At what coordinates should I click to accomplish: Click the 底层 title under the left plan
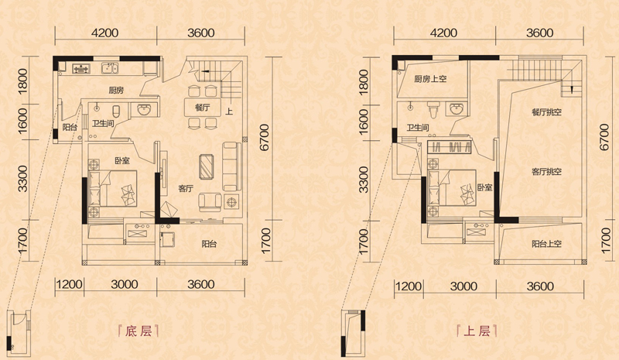pyautogui.click(x=139, y=331)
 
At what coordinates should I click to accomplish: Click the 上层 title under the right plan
pyautogui.click(x=477, y=331)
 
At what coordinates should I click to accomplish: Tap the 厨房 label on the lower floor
pyautogui.click(x=116, y=91)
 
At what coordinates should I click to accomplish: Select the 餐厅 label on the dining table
pyautogui.click(x=202, y=108)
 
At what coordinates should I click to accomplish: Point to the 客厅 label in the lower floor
pyautogui.click(x=185, y=188)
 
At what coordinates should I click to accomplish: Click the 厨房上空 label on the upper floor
pyautogui.click(x=430, y=79)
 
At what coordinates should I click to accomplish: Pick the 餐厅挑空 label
pyautogui.click(x=546, y=112)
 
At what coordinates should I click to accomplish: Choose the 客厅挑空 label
pyautogui.click(x=546, y=172)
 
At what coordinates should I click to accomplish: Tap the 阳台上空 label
pyautogui.click(x=546, y=244)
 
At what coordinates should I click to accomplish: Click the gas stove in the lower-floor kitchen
pyautogui.click(x=81, y=69)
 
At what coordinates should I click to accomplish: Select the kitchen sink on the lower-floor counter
pyautogui.click(x=109, y=68)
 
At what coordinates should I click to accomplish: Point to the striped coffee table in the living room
pyautogui.click(x=207, y=166)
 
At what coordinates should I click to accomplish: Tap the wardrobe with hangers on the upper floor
pyautogui.click(x=450, y=146)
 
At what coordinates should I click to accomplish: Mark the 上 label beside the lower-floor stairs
pyautogui.click(x=229, y=111)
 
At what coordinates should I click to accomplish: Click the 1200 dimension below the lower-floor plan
pyautogui.click(x=69, y=285)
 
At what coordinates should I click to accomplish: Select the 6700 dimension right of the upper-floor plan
pyautogui.click(x=604, y=137)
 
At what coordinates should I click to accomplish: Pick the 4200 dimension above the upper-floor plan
pyautogui.click(x=443, y=33)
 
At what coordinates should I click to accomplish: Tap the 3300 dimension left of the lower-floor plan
pyautogui.click(x=23, y=179)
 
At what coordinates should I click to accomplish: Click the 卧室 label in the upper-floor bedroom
pyautogui.click(x=485, y=187)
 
